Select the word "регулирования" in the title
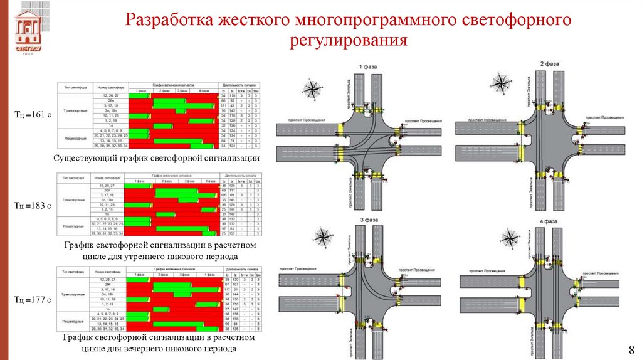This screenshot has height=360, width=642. [x=348, y=41]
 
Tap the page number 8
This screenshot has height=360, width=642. [x=631, y=349]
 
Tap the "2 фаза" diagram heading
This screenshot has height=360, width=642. [x=549, y=64]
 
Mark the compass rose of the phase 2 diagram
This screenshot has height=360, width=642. [x=500, y=82]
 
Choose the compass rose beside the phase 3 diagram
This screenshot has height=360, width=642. [x=323, y=236]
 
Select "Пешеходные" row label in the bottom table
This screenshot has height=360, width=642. [x=75, y=317]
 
